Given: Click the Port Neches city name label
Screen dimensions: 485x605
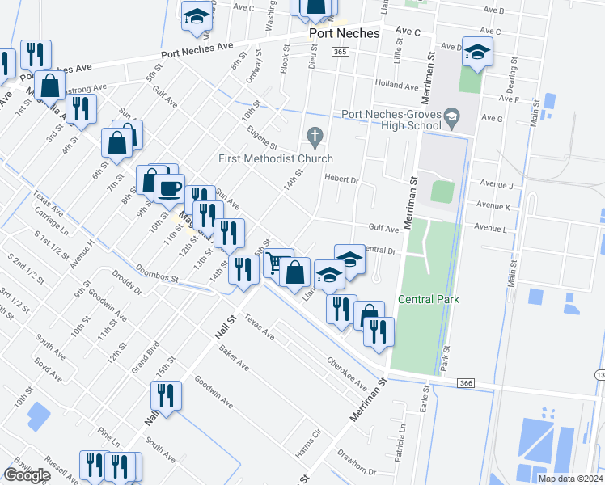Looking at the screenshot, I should coord(345,34).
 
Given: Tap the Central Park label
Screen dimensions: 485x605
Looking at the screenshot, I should coord(429,299).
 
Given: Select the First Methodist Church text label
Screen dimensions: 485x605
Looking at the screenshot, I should coord(276,158).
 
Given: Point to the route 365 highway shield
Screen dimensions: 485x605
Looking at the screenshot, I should coord(340,52).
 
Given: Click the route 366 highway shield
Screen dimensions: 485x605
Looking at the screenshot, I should coord(464,382).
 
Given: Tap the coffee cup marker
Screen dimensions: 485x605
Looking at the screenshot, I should coord(169,189).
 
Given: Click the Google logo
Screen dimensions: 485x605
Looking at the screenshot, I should coord(27,475).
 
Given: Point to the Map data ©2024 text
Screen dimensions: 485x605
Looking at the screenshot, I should coord(569,479).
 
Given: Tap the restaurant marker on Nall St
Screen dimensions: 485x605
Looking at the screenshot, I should coord(166,396).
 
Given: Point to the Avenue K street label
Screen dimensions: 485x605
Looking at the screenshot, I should coord(493,207).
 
